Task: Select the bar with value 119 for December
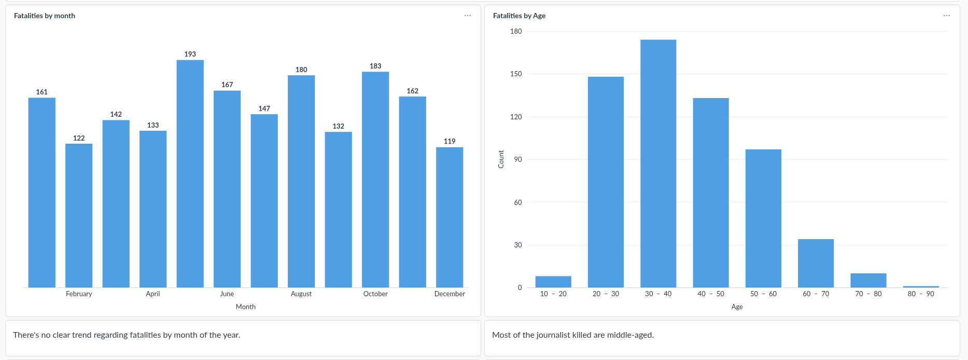click(450, 217)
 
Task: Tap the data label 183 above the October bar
click(375, 66)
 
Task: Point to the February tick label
click(79, 294)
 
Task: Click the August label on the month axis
click(301, 294)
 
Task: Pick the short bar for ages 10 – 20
click(553, 282)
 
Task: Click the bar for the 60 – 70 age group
click(816, 263)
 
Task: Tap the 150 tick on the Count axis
click(516, 74)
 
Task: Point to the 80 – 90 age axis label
click(921, 294)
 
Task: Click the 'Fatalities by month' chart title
click(45, 16)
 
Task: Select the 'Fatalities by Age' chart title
click(519, 16)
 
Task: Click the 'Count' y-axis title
click(501, 159)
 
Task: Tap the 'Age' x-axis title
click(737, 307)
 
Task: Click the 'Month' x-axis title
click(246, 307)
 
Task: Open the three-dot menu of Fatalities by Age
click(947, 16)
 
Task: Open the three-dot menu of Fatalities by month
click(468, 16)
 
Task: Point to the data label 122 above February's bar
click(79, 138)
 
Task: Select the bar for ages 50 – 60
click(763, 218)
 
